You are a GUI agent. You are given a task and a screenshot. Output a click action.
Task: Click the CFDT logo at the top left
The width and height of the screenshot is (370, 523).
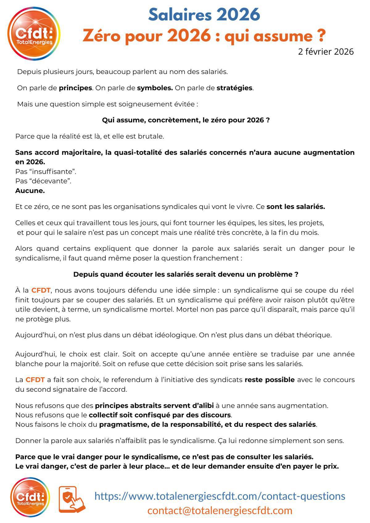[34, 34]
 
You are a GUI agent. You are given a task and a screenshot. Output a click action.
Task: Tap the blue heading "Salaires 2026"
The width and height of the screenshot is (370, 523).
[204, 15]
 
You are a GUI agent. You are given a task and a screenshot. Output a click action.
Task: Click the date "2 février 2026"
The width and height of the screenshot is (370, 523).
[326, 51]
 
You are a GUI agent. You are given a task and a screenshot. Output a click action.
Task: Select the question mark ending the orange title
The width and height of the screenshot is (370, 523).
[321, 36]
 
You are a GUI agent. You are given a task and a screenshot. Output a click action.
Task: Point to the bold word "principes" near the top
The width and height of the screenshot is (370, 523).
[75, 88]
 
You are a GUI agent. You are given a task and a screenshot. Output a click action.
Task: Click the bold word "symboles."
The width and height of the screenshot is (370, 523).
[154, 88]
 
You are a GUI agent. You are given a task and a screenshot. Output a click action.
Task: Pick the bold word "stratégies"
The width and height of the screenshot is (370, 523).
[235, 88]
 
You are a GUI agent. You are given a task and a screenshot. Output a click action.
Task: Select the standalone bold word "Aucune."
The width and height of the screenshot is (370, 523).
[30, 190]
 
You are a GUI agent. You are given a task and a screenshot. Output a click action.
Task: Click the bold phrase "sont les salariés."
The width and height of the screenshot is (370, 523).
[296, 206]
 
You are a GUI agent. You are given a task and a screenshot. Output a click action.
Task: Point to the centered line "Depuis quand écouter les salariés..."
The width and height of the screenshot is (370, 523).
[186, 274]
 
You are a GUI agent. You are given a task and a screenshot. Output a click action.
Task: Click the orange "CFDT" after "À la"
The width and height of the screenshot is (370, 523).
[41, 290]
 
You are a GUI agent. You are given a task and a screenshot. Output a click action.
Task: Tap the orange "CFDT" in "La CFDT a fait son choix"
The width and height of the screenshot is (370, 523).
[35, 379]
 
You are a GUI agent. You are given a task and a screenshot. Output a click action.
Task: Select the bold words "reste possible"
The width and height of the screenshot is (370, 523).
[269, 379]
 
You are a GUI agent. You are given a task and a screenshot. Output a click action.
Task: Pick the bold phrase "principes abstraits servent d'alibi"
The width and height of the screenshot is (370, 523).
[154, 405]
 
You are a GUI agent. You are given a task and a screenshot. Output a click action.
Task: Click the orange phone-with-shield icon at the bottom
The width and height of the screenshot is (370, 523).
[72, 499]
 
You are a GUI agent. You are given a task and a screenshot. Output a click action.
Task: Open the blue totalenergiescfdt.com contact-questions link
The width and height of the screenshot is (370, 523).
[220, 496]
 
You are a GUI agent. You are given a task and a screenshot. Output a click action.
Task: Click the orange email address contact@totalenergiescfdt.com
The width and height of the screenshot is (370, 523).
[220, 510]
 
